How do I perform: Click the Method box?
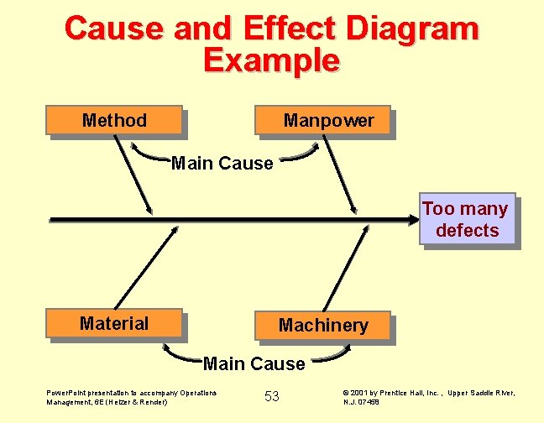pos(115,120)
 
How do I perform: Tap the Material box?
pos(114,323)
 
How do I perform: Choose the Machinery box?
pos(323,325)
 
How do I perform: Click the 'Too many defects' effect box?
pos(466,220)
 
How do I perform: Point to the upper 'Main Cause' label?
pos(222,164)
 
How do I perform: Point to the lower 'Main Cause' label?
pos(254,364)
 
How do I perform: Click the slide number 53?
pos(272,396)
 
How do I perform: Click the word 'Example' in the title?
pos(271,60)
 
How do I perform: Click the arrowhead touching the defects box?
pos(411,220)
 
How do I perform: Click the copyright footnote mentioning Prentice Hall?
pos(429,397)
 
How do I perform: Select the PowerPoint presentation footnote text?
pos(131,397)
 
